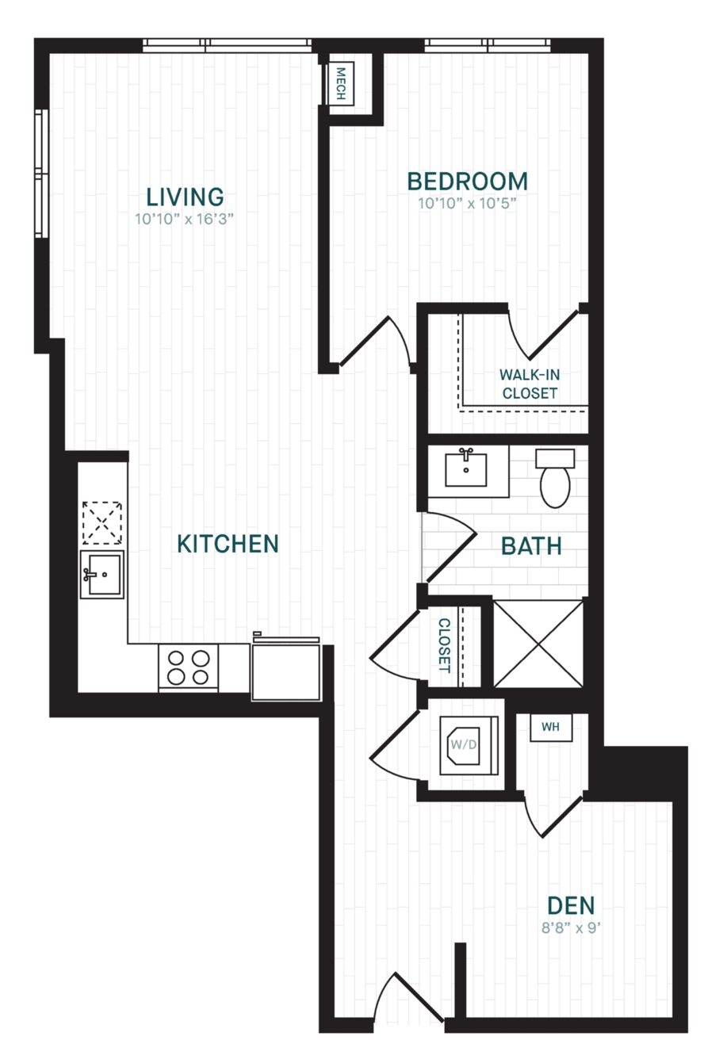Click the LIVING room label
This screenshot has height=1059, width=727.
[x=185, y=197]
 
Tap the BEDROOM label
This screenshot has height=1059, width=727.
[x=467, y=182]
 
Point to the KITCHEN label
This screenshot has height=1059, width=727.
[x=228, y=544]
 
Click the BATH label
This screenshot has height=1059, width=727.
[x=531, y=546]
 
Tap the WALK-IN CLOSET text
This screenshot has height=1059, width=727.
[x=530, y=384]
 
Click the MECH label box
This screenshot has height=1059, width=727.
[x=341, y=84]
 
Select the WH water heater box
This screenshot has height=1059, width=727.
[x=550, y=727]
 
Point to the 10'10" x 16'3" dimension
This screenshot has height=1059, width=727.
[x=185, y=220]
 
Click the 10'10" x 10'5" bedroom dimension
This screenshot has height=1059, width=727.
[x=467, y=204]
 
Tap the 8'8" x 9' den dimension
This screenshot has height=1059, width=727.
[x=571, y=928]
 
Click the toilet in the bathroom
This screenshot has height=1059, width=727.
[x=555, y=478]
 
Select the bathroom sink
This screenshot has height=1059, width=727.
[x=466, y=469]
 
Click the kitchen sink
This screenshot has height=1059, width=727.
[x=101, y=575]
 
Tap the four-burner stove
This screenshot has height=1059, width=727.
[x=188, y=667]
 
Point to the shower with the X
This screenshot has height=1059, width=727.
[x=538, y=644]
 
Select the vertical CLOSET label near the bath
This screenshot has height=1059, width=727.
[x=444, y=645]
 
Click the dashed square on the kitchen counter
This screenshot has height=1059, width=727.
[x=101, y=523]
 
